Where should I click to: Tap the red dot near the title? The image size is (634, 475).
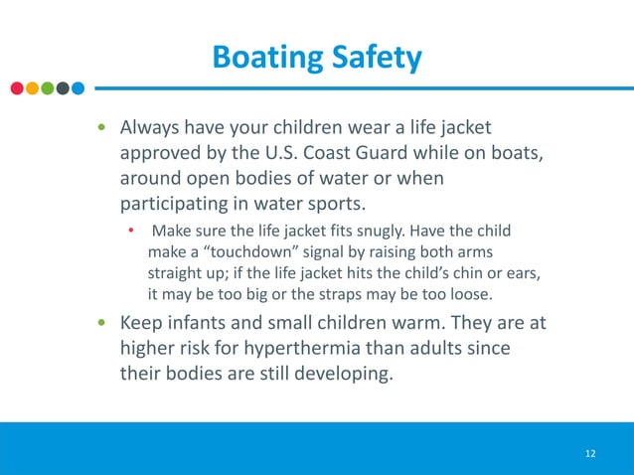pos(17,87)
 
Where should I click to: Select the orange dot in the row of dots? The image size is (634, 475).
pos(32,87)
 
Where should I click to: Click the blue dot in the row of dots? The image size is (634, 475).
pos(78,87)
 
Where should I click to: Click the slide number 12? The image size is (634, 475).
pos(590,453)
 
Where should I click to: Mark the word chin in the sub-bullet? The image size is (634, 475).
pos(444,273)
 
